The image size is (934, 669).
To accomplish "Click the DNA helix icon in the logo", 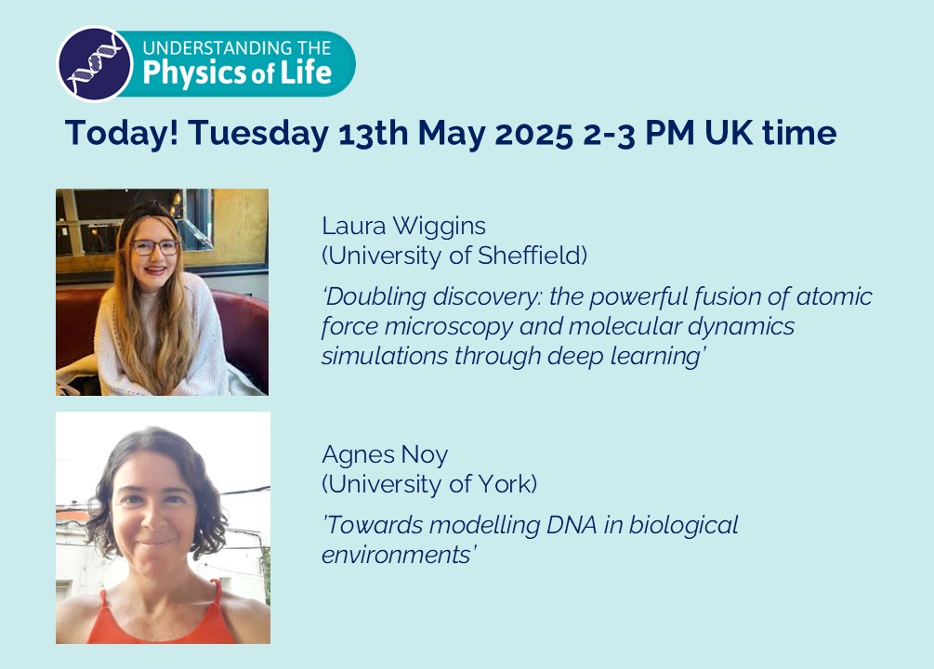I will click(x=93, y=63).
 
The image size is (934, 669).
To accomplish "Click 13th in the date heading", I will click(x=370, y=133).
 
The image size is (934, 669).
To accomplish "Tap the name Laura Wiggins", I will click(x=403, y=226).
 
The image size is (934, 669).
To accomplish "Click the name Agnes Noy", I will click(x=385, y=455).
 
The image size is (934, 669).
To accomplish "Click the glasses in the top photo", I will click(x=154, y=247).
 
